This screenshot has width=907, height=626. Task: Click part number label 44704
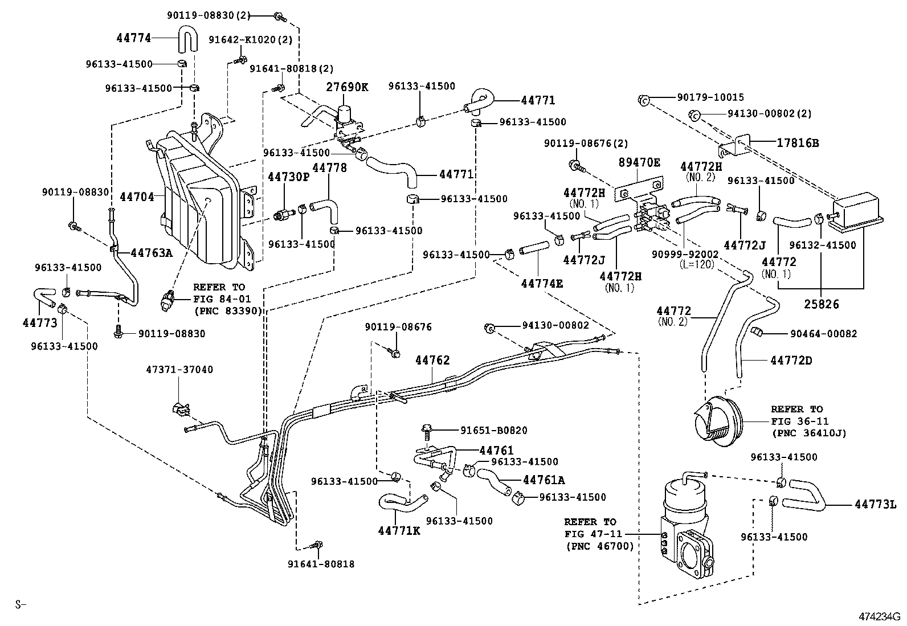(137, 197)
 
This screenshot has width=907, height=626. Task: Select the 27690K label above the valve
(347, 87)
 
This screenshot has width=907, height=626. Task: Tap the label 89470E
(639, 163)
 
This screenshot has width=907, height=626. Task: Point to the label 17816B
(798, 143)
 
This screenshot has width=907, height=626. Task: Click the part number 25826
(820, 304)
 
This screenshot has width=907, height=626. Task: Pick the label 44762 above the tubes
(432, 360)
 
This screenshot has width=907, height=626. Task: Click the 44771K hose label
(399, 531)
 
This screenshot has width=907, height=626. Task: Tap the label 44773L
(876, 505)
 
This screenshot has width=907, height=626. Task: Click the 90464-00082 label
(823, 334)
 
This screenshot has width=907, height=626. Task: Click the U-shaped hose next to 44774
(186, 39)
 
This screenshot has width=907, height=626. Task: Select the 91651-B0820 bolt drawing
(426, 431)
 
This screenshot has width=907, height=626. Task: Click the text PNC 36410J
(808, 433)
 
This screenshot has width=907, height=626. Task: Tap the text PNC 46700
(600, 546)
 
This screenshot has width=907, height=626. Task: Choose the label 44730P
(288, 177)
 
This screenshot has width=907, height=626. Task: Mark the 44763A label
(151, 252)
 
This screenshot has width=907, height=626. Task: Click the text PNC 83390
(228, 311)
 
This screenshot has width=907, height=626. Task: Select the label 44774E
(542, 282)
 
